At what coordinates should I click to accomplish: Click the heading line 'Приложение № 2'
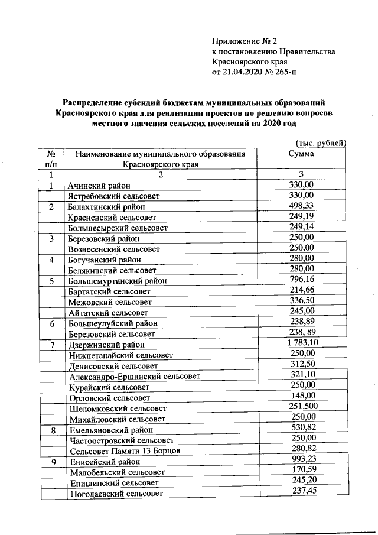(244, 41)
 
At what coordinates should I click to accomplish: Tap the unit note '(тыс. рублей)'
(320, 143)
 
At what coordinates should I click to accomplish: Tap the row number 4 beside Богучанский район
(51, 260)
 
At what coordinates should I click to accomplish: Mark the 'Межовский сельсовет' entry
(110, 302)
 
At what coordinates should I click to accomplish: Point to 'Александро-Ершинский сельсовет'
(134, 376)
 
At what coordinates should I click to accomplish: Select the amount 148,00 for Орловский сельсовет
(303, 396)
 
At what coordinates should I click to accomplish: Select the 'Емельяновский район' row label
(111, 430)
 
